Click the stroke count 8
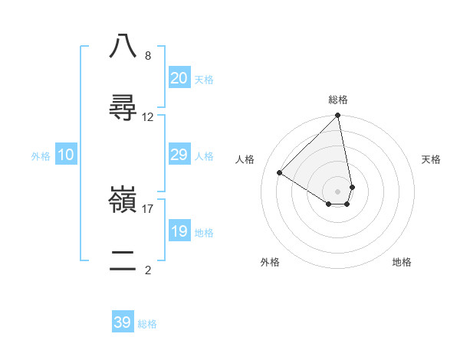(x=147, y=55)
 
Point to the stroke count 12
(x=147, y=117)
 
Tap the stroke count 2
(x=147, y=270)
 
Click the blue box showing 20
(x=179, y=78)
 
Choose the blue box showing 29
(x=179, y=155)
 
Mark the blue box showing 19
(x=179, y=231)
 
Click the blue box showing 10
(x=66, y=155)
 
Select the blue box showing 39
(x=123, y=322)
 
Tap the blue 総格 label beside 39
(x=147, y=324)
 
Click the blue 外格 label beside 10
(x=41, y=156)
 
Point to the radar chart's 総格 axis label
(x=338, y=100)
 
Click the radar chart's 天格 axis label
(x=431, y=159)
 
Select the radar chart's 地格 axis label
(x=402, y=262)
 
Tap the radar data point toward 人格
(x=280, y=173)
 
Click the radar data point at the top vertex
(x=338, y=116)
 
